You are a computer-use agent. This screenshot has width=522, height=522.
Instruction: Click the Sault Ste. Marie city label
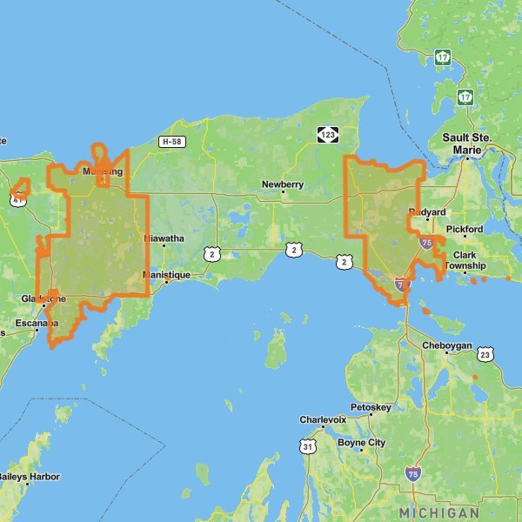[467, 144]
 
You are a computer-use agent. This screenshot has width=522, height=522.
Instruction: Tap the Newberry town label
[283, 184]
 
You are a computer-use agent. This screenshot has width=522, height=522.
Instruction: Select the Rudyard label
[427, 212]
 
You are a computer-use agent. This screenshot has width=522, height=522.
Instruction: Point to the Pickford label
[465, 230]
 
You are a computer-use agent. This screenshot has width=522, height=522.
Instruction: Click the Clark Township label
[466, 260]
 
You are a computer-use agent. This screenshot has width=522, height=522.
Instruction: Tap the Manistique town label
[166, 275]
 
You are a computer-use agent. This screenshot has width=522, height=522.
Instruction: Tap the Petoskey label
[372, 407]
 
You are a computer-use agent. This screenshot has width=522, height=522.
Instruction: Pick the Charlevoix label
[323, 419]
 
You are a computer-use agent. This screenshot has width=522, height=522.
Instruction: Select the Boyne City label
[361, 443]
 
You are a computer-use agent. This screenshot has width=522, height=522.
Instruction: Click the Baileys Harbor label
[30, 477]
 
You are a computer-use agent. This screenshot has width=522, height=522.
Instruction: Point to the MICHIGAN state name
[438, 512]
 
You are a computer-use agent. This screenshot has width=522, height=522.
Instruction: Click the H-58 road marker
[170, 141]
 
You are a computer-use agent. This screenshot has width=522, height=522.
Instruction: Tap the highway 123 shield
[328, 135]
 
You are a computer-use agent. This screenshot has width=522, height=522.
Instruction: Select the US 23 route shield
[485, 354]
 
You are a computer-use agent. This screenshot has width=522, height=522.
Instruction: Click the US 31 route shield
[306, 446]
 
